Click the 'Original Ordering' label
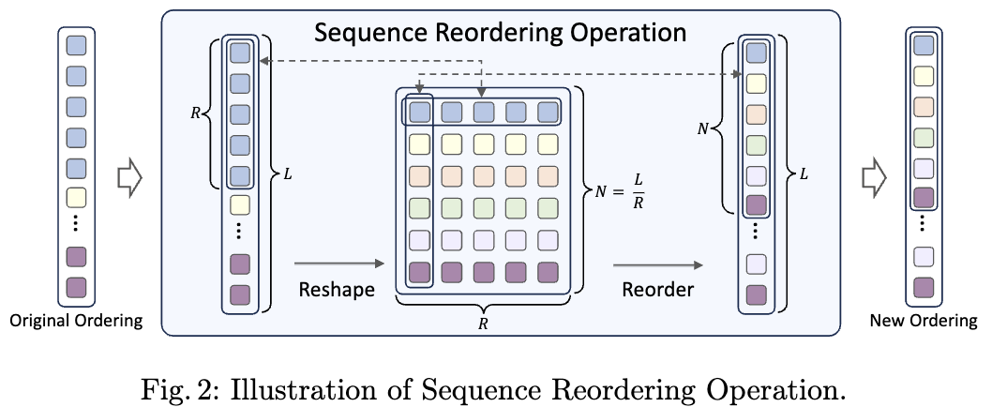click(x=76, y=321)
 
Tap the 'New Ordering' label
click(x=924, y=321)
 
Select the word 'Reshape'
click(x=337, y=290)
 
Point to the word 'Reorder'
click(x=657, y=290)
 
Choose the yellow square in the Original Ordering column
click(x=76, y=198)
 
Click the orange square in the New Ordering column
click(x=923, y=107)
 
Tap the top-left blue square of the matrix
click(x=419, y=113)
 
